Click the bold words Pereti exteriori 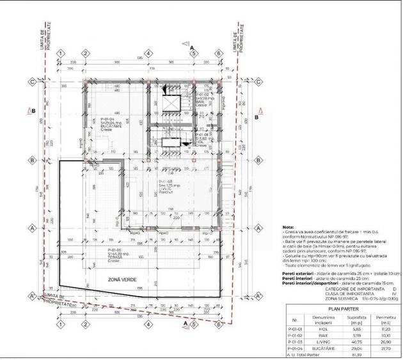coord(298,273)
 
